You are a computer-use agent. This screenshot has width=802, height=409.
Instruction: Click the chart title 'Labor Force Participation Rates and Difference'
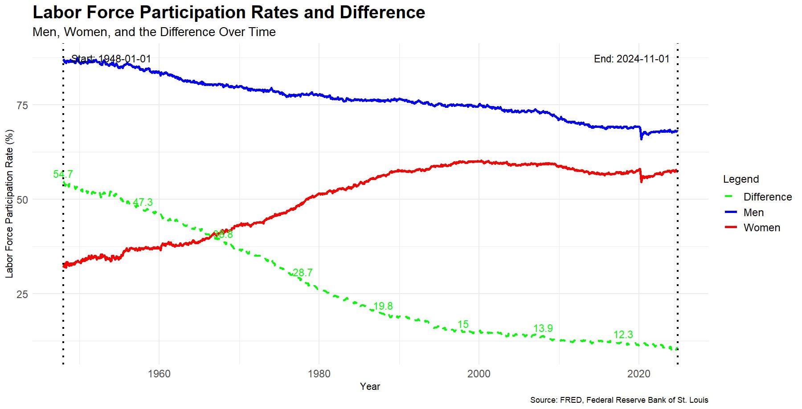pyautogui.click(x=229, y=12)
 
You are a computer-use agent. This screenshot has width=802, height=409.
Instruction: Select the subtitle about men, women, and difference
pyautogui.click(x=154, y=32)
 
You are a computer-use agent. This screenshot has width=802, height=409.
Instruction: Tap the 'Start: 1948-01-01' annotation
pyautogui.click(x=111, y=59)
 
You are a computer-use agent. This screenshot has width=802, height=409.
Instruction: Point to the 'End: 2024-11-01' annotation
pyautogui.click(x=631, y=59)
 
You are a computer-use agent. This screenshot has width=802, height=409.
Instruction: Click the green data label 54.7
pyautogui.click(x=63, y=174)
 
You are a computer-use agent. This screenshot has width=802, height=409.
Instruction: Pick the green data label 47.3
pyautogui.click(x=143, y=202)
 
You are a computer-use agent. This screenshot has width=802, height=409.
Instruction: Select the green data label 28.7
pyautogui.click(x=303, y=273)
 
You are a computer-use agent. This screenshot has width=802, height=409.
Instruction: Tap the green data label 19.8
pyautogui.click(x=383, y=306)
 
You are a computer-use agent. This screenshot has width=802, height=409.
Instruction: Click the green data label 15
pyautogui.click(x=463, y=324)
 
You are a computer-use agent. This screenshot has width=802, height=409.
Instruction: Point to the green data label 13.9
pyautogui.click(x=543, y=328)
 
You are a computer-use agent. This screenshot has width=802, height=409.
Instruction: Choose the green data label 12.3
pyautogui.click(x=623, y=335)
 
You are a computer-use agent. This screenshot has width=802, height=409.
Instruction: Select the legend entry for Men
pyautogui.click(x=753, y=213)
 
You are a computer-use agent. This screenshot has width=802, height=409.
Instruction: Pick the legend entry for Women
pyautogui.click(x=761, y=228)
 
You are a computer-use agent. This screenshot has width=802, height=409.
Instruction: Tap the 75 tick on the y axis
pyautogui.click(x=22, y=105)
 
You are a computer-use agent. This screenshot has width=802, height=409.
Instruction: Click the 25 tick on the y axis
pyautogui.click(x=22, y=294)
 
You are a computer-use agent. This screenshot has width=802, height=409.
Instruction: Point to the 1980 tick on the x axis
pyautogui.click(x=319, y=373)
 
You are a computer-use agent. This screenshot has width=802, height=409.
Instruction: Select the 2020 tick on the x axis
pyautogui.click(x=639, y=373)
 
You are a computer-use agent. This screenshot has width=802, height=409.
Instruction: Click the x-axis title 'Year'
pyautogui.click(x=370, y=386)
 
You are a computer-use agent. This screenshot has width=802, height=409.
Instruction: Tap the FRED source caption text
pyautogui.click(x=619, y=400)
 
